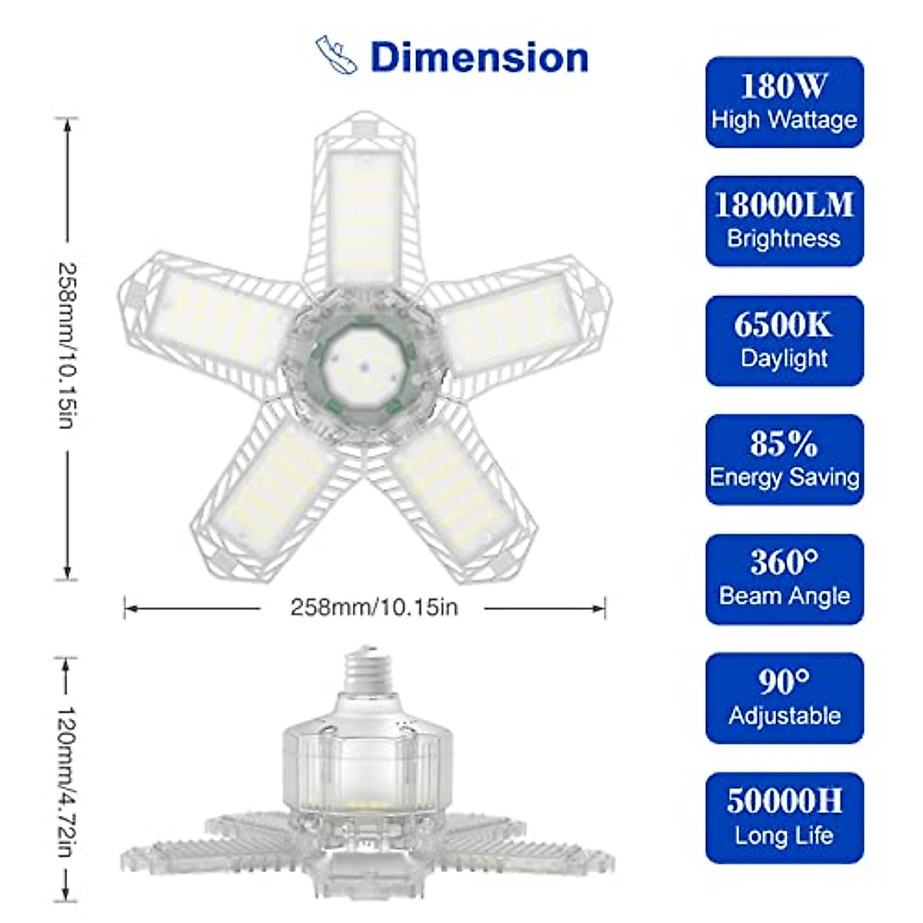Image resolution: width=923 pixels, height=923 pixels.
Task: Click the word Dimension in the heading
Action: point(479,58)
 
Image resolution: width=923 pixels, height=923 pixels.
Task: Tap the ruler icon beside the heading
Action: point(336,55)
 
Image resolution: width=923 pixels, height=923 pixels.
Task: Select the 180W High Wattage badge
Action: point(784,102)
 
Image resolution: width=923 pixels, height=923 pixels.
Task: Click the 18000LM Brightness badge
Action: point(784,221)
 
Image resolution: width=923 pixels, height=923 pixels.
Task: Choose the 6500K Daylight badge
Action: point(784,341)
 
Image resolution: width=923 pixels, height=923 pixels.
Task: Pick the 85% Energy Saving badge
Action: point(784,459)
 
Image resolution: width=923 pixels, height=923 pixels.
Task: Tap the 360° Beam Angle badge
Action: point(784,579)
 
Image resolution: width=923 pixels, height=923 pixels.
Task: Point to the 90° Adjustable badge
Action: point(784,698)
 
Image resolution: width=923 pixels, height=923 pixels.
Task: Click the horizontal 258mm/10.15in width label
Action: point(374,608)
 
